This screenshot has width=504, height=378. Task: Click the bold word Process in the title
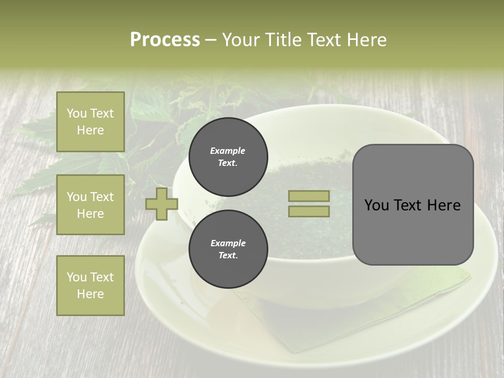[165, 40]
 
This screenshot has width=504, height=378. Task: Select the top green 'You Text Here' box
[90, 122]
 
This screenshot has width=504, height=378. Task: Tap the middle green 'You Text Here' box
[90, 205]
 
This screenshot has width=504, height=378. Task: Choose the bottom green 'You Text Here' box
[90, 286]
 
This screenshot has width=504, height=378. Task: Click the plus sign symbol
[162, 204]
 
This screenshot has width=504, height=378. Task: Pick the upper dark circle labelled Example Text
[228, 156]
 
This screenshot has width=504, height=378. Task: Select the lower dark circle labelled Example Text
[228, 249]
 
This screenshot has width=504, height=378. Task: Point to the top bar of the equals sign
[309, 196]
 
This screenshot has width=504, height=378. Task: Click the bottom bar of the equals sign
[309, 211]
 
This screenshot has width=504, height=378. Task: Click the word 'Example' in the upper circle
[228, 151]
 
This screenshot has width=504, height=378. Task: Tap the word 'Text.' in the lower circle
[228, 255]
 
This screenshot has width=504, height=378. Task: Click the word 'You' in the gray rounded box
[377, 205]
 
